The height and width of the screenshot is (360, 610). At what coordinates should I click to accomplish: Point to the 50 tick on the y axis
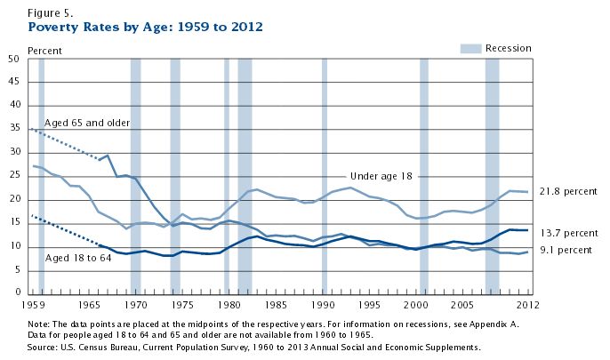click(x=13, y=60)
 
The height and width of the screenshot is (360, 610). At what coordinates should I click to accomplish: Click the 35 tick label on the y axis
click(x=13, y=130)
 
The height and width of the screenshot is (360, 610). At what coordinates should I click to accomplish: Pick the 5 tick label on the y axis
click(x=16, y=269)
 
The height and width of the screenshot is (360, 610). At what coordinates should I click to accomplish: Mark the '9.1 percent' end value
click(x=566, y=250)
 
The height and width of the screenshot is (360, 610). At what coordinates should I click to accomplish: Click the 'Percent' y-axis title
click(x=45, y=50)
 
